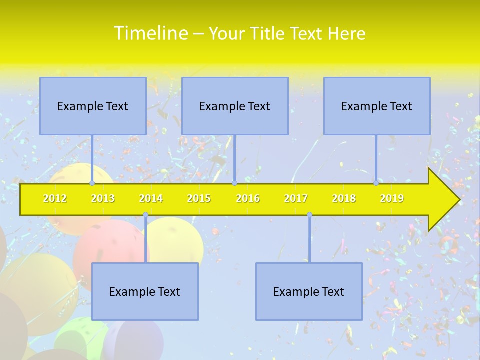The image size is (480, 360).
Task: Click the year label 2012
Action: [55, 199]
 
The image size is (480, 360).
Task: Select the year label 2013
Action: [103, 199]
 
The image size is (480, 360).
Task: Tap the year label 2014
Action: [151, 199]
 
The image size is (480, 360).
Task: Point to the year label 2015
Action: [199, 199]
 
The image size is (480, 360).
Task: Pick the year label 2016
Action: [248, 199]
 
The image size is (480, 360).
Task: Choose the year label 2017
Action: [296, 199]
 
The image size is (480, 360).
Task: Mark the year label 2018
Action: [344, 199]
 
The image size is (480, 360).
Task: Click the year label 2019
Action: [392, 199]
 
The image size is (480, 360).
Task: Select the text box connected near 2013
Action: [93, 106]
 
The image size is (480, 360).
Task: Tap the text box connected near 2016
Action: [235, 106]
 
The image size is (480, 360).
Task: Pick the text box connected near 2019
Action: [377, 106]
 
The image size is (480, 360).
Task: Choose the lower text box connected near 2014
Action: [145, 291]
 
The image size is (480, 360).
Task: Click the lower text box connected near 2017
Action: [309, 291]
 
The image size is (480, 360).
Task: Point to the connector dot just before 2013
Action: [92, 183]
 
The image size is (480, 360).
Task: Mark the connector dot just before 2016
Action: [234, 183]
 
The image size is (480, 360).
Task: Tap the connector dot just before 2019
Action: [376, 183]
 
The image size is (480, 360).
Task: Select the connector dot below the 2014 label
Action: [145, 215]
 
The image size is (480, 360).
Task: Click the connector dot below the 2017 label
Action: [309, 215]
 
